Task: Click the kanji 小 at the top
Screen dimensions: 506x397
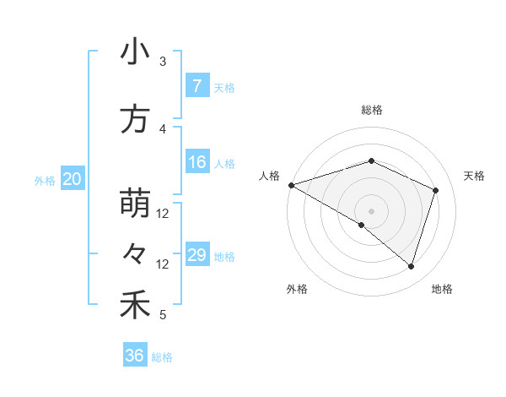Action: [135, 52]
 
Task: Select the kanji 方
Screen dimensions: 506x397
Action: [135, 120]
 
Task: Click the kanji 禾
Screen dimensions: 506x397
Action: [135, 305]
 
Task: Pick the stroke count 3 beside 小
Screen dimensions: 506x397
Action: [163, 62]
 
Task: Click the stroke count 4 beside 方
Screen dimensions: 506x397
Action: [163, 129]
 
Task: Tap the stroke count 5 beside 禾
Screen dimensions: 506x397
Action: [163, 315]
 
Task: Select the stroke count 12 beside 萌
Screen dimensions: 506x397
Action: [164, 214]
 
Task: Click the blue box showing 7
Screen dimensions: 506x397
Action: [196, 86]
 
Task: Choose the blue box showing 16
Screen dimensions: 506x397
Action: [196, 162]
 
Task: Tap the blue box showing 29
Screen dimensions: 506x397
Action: [196, 255]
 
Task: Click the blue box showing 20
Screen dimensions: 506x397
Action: [73, 179]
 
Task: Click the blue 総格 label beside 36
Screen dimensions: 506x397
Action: [162, 357]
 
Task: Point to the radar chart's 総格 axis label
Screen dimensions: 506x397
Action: [371, 110]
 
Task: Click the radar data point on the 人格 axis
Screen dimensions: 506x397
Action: [290, 184]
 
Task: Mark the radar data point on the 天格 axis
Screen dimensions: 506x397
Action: [435, 190]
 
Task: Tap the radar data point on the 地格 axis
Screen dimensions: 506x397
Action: [411, 266]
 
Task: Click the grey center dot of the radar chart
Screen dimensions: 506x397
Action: [371, 209]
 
